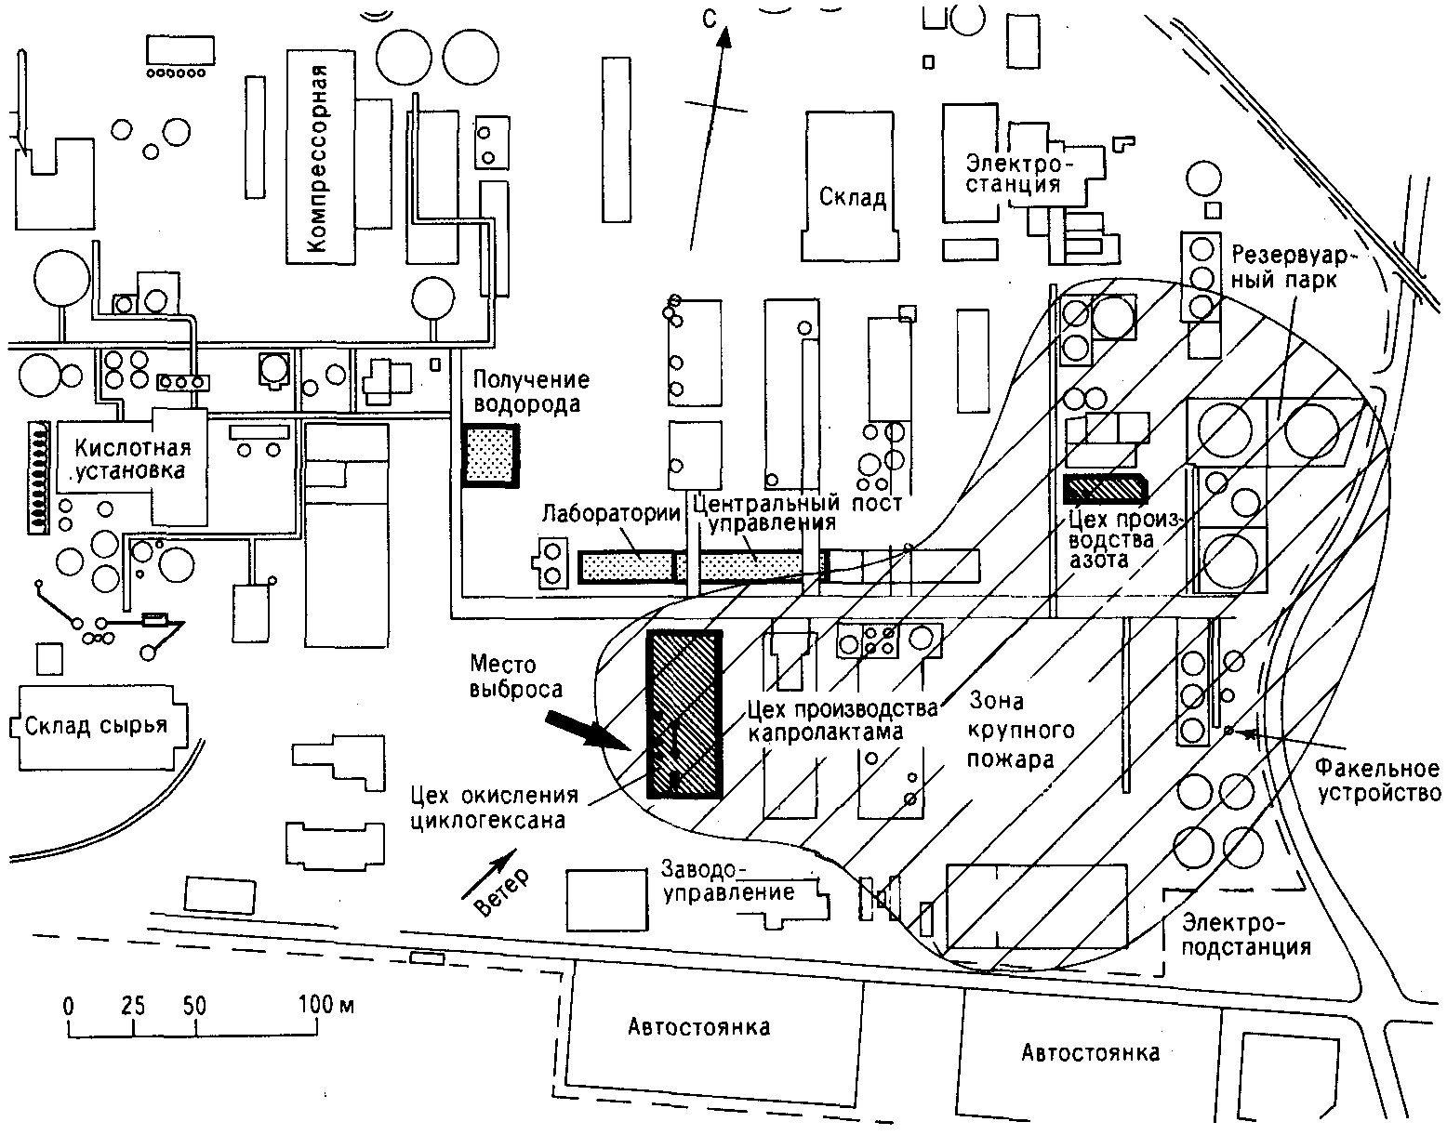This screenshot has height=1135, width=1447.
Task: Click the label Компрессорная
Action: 318,158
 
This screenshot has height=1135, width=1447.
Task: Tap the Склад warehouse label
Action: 853,197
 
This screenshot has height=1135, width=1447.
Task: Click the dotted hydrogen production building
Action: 491,455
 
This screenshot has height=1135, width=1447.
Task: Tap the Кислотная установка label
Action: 131,458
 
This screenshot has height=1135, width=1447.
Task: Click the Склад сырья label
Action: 97,725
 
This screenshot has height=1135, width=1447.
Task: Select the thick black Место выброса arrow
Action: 588,732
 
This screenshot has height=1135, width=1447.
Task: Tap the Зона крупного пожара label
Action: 1020,730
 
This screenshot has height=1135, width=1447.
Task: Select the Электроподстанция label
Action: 1246,935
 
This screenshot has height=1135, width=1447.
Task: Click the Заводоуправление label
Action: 728,880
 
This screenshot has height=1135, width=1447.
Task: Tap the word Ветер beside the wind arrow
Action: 504,892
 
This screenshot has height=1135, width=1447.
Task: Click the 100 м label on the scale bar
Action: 326,1004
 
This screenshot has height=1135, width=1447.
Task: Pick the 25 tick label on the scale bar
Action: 132,1005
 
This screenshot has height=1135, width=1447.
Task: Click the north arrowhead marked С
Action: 723,36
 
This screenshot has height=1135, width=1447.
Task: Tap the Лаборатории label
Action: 611,513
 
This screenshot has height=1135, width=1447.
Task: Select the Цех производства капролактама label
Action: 842,720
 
